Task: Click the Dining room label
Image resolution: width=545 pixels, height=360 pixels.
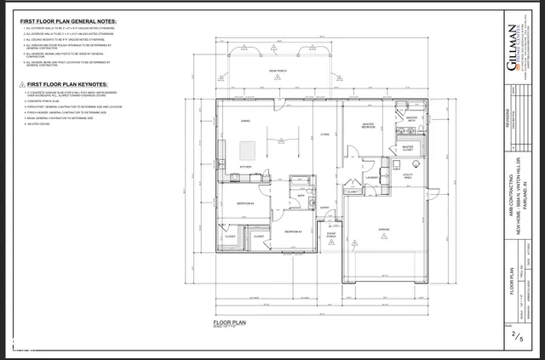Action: tap(245, 122)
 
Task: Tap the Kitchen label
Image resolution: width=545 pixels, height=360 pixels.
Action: tap(245, 166)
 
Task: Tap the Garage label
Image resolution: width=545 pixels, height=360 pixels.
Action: tap(384, 229)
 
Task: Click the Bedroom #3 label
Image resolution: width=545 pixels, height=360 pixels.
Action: tap(295, 231)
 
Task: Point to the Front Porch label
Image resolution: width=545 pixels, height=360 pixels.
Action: tap(331, 234)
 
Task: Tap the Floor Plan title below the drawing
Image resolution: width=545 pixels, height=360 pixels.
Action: tap(230, 323)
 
